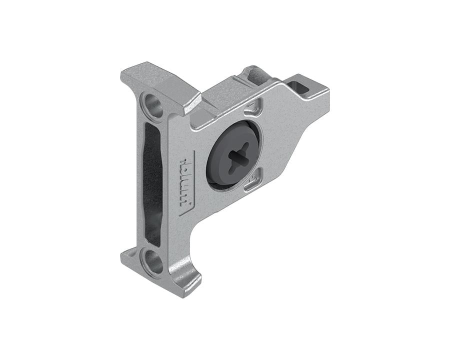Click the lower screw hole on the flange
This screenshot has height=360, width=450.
[x=153, y=262]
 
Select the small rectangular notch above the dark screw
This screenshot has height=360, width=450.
[x=253, y=106]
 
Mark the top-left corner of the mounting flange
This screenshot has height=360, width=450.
[x=123, y=75]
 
